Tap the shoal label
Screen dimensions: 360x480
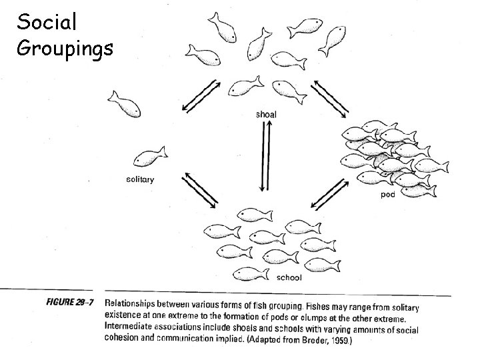266,114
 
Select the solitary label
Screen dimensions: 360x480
140,179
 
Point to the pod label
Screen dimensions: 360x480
387,195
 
